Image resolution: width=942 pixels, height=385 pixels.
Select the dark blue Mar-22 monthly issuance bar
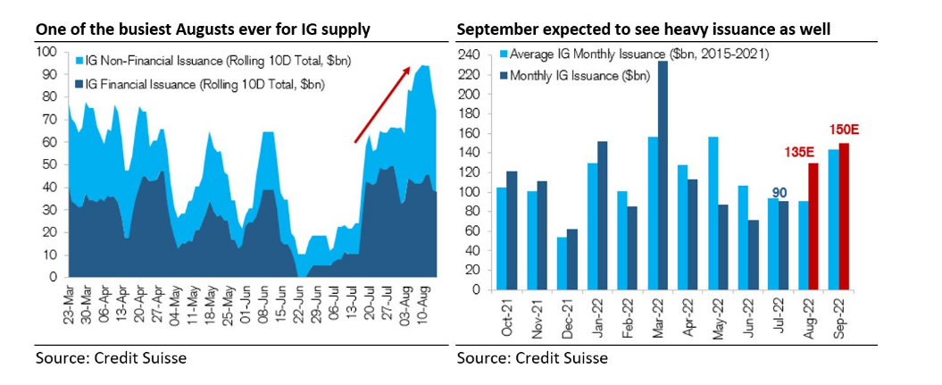point(662,175)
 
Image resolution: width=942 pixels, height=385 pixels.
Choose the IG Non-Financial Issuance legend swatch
point(79,61)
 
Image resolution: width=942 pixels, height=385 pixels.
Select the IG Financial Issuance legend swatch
point(79,84)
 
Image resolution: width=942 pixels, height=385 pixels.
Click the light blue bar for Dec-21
point(562,264)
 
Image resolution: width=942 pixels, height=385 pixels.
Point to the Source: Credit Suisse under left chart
point(112,358)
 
